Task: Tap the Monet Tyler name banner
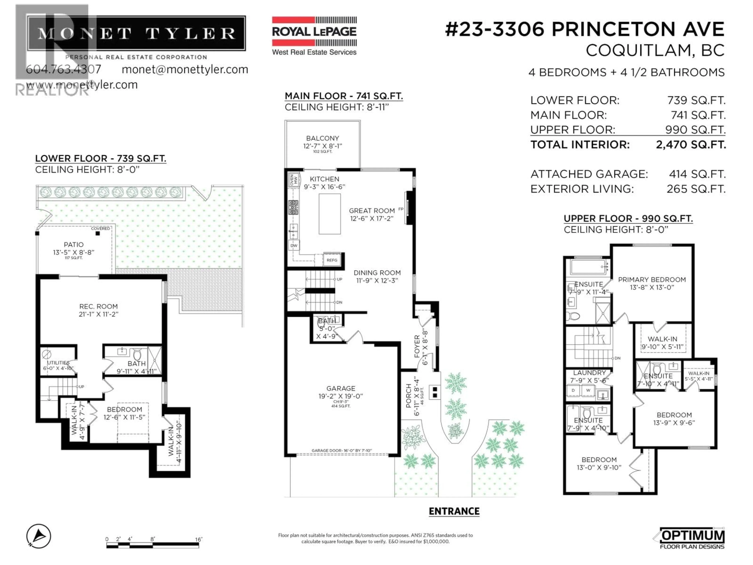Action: click(x=136, y=33)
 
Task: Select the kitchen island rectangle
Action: click(x=329, y=214)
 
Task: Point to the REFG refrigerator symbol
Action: click(x=332, y=260)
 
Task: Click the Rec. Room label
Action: click(x=98, y=306)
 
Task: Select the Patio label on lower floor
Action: click(x=74, y=244)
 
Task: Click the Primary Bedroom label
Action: click(x=652, y=280)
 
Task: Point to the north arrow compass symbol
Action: click(x=39, y=536)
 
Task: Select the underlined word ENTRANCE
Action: click(x=454, y=511)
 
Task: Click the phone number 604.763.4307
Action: click(x=64, y=69)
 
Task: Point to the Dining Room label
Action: click(x=377, y=273)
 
